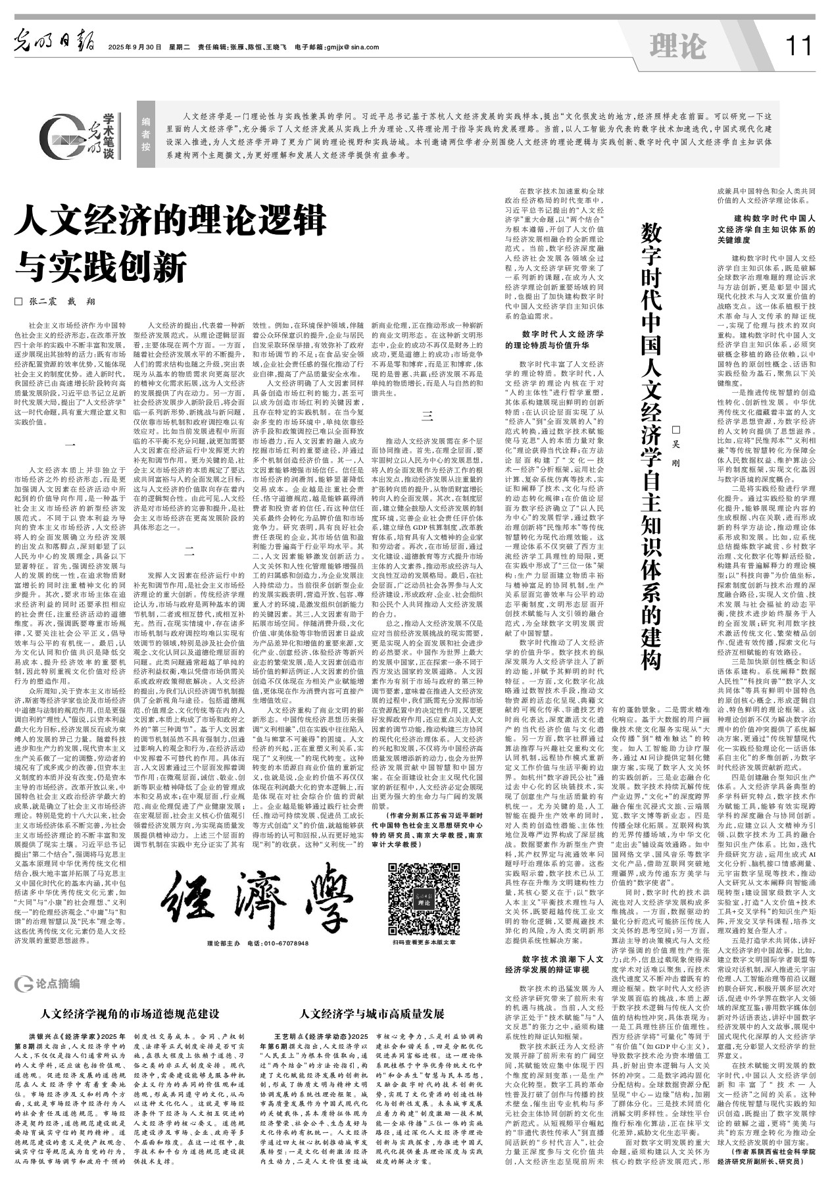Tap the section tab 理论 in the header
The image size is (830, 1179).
(x=677, y=46)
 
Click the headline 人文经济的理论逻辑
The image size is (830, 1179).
(x=172, y=220)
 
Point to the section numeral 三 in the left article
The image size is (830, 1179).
(x=427, y=416)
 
